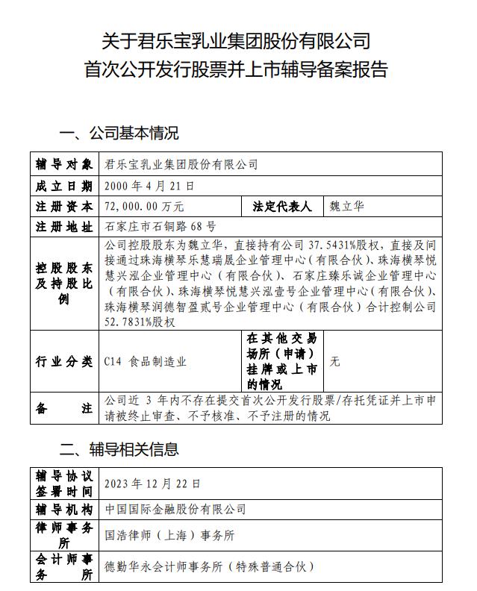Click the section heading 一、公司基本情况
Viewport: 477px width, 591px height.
[119, 134]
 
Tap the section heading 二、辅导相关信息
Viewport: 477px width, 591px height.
[119, 448]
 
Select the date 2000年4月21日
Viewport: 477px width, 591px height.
[150, 185]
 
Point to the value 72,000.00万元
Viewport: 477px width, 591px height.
[145, 206]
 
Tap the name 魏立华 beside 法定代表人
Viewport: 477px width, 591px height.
[346, 206]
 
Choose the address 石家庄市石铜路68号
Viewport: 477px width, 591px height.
[160, 226]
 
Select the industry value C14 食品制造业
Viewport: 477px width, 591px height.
[146, 362]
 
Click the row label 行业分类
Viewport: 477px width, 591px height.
[64, 362]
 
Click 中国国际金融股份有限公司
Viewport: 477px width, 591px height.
[175, 509]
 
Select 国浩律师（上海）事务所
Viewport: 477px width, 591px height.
[169, 535]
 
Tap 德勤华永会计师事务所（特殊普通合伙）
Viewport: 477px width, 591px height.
[210, 566]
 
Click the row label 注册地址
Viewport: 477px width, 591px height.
[64, 226]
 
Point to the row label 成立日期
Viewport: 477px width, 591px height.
[64, 185]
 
